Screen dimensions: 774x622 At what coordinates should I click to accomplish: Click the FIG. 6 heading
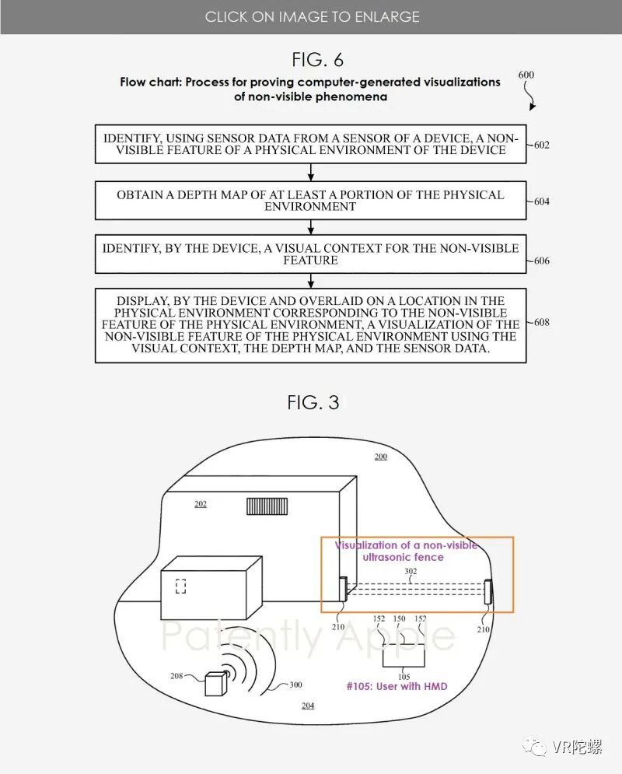pos(317,59)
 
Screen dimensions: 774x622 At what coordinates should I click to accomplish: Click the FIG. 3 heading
pos(313,402)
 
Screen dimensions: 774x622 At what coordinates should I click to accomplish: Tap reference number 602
pos(541,145)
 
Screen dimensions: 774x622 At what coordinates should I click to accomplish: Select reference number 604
pos(541,201)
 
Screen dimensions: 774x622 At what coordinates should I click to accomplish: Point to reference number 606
pos(541,261)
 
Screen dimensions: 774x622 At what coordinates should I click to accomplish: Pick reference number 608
pos(541,321)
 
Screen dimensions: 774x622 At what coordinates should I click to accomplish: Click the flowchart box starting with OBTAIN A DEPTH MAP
pos(310,201)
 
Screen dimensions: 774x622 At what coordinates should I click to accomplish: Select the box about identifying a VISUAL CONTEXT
pos(310,254)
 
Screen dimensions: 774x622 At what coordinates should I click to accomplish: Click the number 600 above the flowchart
pos(526,75)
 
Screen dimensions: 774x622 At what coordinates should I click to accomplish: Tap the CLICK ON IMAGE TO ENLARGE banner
pos(311,16)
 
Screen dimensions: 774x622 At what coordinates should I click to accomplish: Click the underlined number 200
pos(380,457)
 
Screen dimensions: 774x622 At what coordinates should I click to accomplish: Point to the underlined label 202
pos(201,504)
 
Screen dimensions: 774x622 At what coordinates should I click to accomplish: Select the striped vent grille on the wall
pos(267,506)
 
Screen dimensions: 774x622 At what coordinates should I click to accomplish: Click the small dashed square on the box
pos(180,587)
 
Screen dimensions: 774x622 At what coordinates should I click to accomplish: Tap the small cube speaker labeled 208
pos(215,683)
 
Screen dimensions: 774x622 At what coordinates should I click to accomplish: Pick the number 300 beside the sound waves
pos(295,685)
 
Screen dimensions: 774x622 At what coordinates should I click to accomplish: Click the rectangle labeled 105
pos(404,655)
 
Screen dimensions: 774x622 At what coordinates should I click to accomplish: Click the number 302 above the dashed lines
pos(411,572)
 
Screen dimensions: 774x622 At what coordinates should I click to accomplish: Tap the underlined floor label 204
pos(308,706)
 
